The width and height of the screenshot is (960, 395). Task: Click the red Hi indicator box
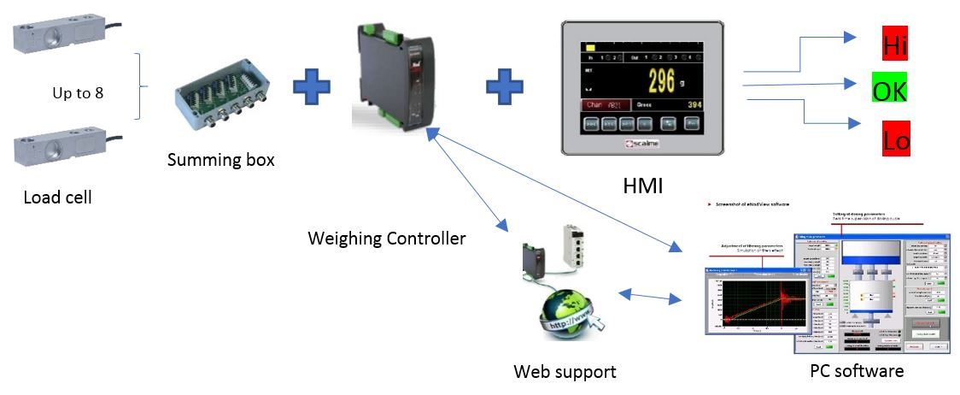click(x=894, y=44)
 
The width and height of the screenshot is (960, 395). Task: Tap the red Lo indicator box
click(x=895, y=139)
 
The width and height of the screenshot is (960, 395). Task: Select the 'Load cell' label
click(x=57, y=197)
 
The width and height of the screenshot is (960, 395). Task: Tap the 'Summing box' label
click(x=220, y=159)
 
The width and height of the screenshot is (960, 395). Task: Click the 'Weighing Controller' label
click(x=386, y=239)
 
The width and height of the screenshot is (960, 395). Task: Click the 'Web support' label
click(x=564, y=371)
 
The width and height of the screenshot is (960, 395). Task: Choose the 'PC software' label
click(x=857, y=370)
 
